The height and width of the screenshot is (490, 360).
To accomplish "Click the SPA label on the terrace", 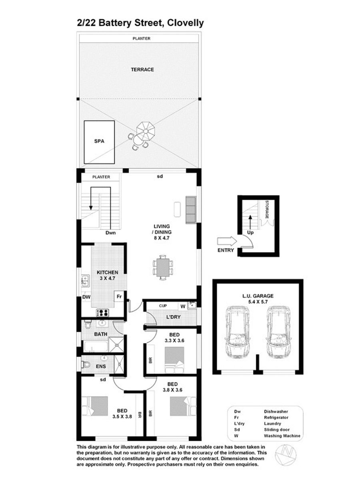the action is pyautogui.click(x=99, y=141).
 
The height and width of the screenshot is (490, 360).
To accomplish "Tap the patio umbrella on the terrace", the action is pyautogui.click(x=146, y=131).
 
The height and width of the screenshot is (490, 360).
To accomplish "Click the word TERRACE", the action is pyautogui.click(x=142, y=70).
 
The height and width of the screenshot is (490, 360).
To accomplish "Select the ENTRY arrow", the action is pyautogui.click(x=227, y=241).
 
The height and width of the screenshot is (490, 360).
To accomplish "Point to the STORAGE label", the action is pyautogui.click(x=267, y=209).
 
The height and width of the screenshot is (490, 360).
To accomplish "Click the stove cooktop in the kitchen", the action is pyautogui.click(x=102, y=313).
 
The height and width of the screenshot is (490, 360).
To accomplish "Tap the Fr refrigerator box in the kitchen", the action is pyautogui.click(x=119, y=297).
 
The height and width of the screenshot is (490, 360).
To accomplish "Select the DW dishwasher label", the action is pyautogui.click(x=86, y=297).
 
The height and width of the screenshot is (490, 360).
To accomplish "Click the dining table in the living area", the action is pyautogui.click(x=163, y=267).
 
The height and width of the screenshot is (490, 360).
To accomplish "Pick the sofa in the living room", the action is pyautogui.click(x=191, y=210).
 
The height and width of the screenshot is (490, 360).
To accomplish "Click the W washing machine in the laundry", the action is pyautogui.click(x=183, y=307).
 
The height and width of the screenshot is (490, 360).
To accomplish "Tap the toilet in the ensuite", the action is pyautogui.click(x=86, y=365).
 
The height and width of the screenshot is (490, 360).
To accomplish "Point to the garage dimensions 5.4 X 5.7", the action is pyautogui.click(x=258, y=302).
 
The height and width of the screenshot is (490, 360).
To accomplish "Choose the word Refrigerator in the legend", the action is pyautogui.click(x=276, y=417).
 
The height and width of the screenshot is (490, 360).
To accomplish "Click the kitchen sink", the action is pyautogui.click(x=86, y=281).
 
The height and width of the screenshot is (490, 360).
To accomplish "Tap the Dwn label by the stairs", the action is pyautogui.click(x=110, y=233).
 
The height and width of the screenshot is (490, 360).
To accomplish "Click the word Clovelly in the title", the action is pyautogui.click(x=186, y=23).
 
